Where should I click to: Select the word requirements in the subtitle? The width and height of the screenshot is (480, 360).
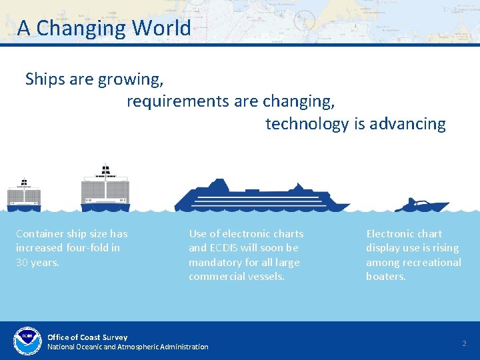[x=178, y=101]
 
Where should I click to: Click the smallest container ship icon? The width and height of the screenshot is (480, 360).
[x=24, y=194]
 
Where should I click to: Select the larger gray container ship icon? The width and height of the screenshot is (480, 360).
[x=105, y=189]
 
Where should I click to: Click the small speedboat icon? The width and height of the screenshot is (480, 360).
[x=421, y=205]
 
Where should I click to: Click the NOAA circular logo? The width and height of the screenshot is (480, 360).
[x=27, y=341]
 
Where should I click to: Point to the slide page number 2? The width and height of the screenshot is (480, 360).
[x=465, y=343]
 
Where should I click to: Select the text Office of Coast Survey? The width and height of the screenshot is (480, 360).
[x=87, y=337]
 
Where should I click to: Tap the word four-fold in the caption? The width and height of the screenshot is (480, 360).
[x=88, y=248]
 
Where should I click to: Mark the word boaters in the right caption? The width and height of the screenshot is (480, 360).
[x=385, y=276]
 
